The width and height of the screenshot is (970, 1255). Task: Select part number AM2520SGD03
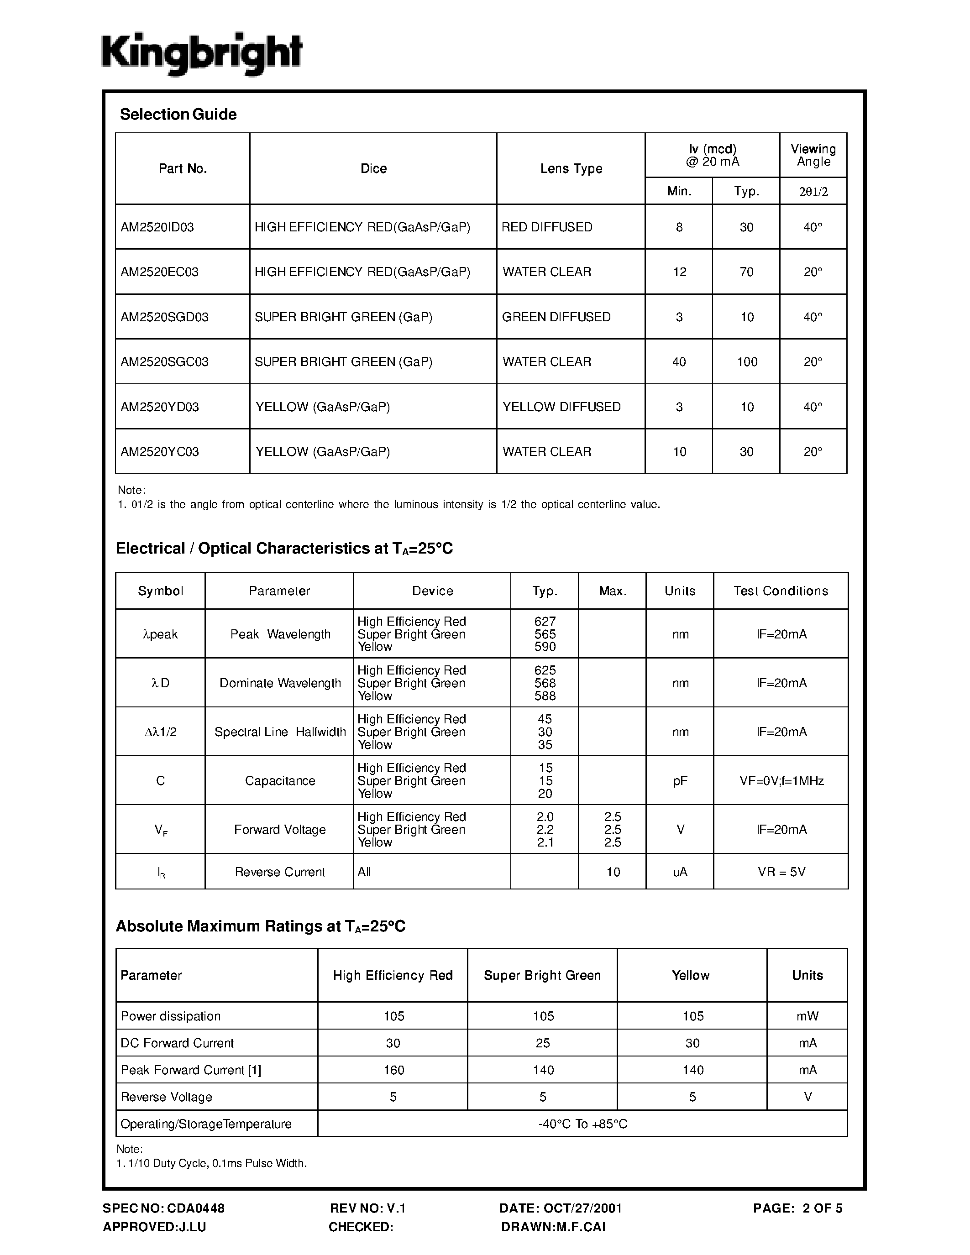[x=164, y=317]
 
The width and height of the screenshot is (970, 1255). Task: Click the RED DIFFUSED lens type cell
[x=546, y=227]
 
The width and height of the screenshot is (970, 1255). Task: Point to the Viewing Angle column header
[x=813, y=155]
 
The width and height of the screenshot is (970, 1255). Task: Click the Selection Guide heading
[x=178, y=115]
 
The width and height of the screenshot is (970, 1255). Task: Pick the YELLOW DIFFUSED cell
[x=561, y=407]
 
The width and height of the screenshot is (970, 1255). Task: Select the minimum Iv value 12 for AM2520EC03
[x=679, y=272]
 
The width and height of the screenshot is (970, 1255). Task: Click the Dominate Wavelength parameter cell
[x=280, y=683]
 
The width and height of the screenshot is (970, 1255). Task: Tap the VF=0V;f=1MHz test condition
[x=781, y=781]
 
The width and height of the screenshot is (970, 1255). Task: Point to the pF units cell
[x=680, y=781]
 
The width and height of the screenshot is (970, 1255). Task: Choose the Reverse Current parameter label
[x=280, y=872]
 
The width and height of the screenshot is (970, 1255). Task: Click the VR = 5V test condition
[x=781, y=872]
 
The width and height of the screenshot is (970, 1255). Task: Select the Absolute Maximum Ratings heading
[x=260, y=926]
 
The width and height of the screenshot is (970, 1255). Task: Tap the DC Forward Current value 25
[x=542, y=1043]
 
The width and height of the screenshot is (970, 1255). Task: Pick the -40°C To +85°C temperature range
[x=582, y=1124]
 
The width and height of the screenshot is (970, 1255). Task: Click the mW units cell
[x=807, y=1016]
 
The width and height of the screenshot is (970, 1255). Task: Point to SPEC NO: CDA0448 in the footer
[x=164, y=1208]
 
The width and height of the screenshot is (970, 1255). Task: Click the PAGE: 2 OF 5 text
[x=797, y=1208]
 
